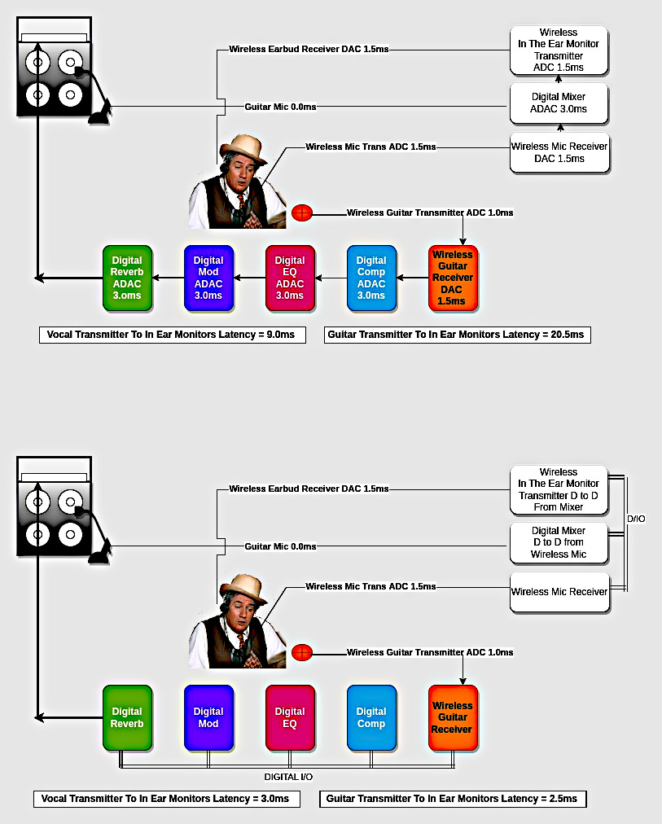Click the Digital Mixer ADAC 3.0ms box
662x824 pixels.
tap(559, 103)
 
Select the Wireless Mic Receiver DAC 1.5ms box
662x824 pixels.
tap(559, 152)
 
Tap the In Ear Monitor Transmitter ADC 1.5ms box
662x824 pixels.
tap(559, 50)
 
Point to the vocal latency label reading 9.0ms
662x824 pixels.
tap(173, 334)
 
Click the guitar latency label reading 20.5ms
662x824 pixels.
tap(458, 334)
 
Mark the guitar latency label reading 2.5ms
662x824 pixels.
tap(453, 799)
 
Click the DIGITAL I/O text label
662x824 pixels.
tap(289, 778)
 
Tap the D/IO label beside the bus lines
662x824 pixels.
tap(636, 518)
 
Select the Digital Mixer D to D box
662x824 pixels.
tap(559, 542)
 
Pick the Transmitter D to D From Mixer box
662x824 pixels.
tap(559, 490)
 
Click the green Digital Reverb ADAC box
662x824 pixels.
tap(127, 278)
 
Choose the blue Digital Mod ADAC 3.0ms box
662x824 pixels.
tap(208, 278)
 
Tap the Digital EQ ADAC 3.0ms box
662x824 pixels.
tap(290, 278)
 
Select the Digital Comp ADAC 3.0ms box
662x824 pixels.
tap(371, 278)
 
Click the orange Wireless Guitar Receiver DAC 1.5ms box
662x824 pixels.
tap(453, 278)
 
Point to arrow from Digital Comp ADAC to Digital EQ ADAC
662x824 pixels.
tap(331, 278)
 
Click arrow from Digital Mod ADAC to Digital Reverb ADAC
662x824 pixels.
tap(168, 278)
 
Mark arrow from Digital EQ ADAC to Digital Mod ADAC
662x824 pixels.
tap(249, 278)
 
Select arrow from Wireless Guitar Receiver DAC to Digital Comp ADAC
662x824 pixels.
tap(412, 278)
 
